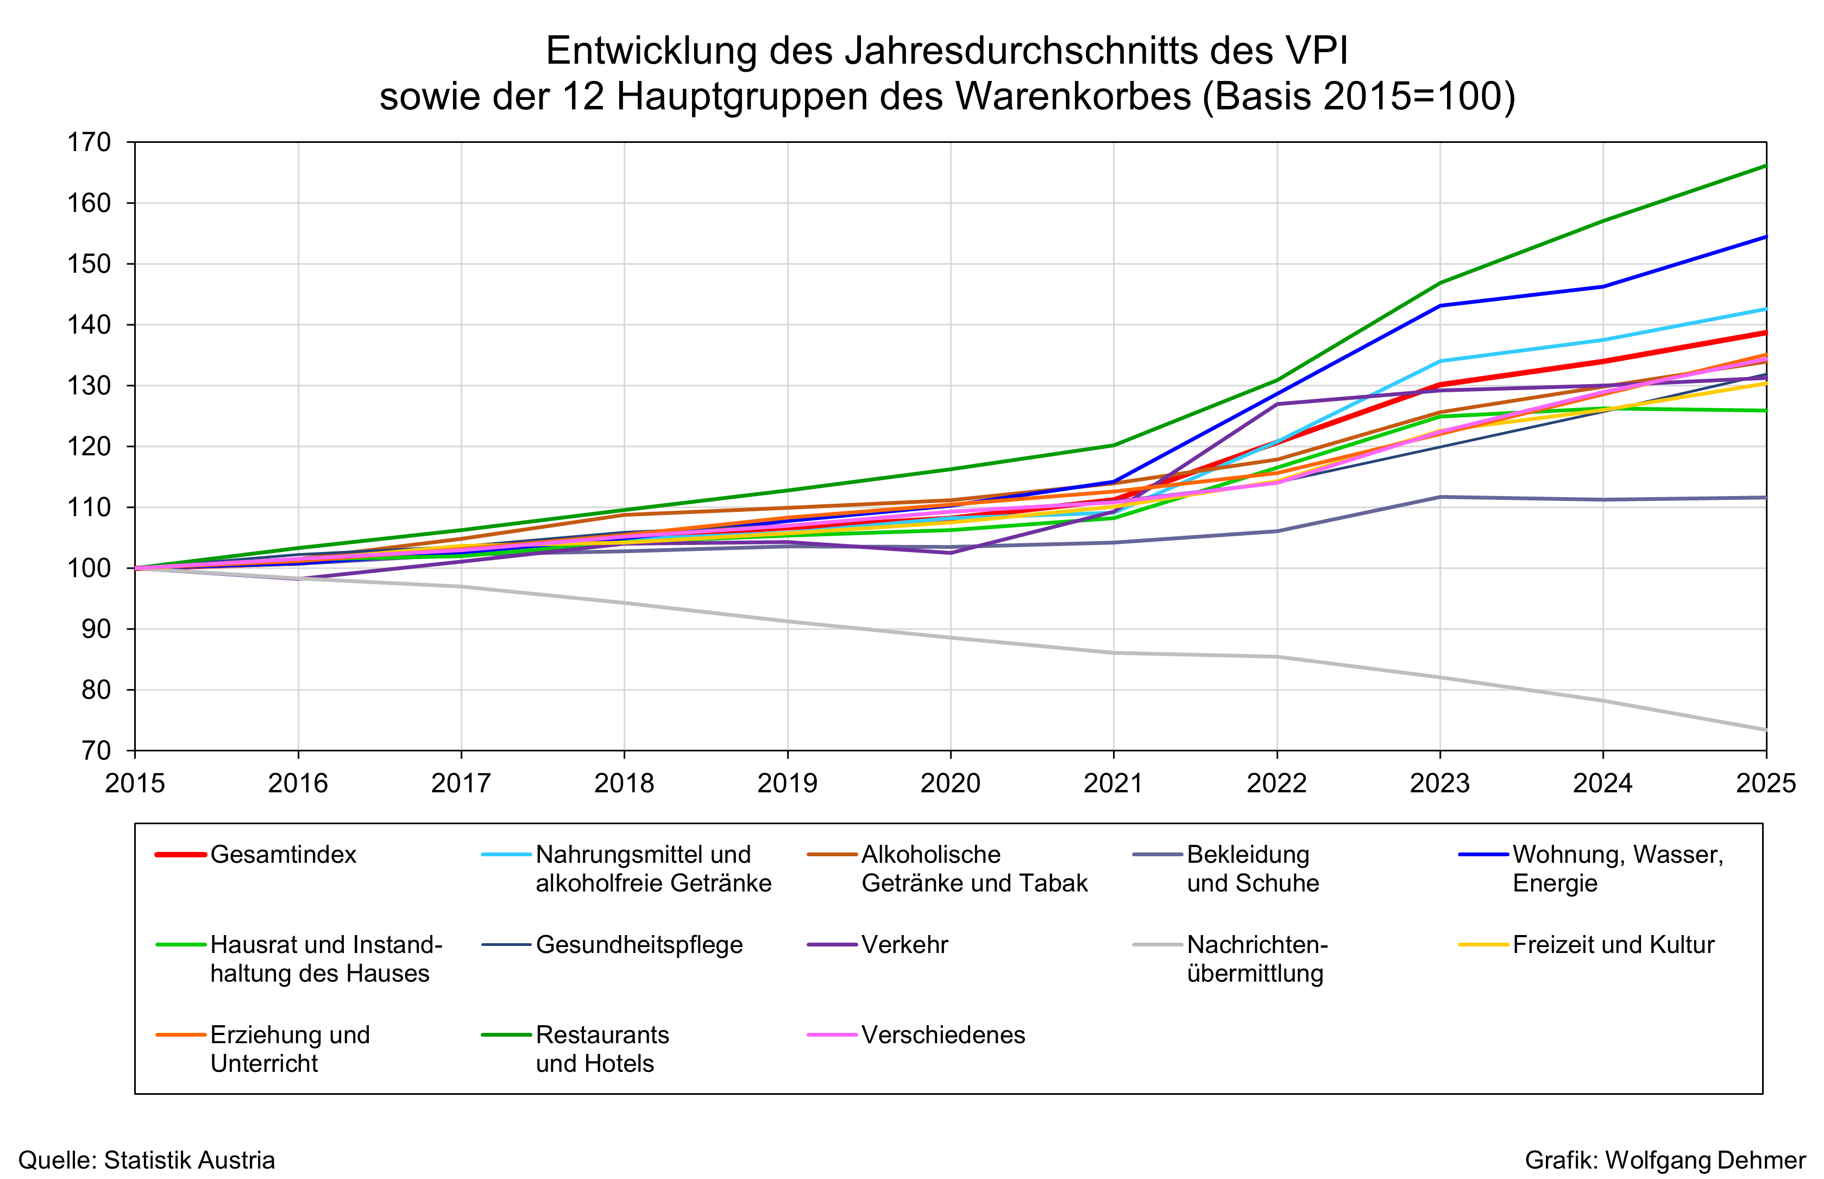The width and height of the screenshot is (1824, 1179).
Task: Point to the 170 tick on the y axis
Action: click(x=90, y=142)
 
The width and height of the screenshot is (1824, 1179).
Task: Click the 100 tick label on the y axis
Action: click(x=90, y=568)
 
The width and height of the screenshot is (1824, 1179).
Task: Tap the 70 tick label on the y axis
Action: click(x=97, y=750)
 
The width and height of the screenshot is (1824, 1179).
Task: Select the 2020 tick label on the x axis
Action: click(x=950, y=783)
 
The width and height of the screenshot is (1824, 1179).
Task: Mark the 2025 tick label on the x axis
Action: click(x=1765, y=783)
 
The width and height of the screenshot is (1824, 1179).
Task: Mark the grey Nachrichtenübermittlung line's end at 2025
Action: click(x=1765, y=730)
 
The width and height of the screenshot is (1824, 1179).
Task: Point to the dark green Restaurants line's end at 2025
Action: click(x=1765, y=165)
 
